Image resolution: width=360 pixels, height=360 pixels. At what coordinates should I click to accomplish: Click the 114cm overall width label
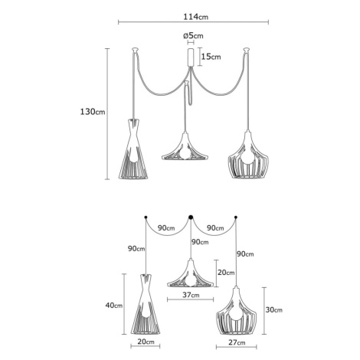(196, 17)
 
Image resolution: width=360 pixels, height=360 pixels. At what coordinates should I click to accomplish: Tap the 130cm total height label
(93, 112)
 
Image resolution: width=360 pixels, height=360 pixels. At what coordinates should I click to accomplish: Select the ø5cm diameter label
(193, 35)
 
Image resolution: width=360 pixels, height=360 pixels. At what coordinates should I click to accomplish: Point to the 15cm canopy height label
(211, 57)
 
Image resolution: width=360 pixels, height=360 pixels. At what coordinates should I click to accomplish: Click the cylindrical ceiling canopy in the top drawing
(191, 57)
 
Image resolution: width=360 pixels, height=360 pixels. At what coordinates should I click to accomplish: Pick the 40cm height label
(114, 305)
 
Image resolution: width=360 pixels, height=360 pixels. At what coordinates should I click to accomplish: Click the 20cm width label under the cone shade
(146, 342)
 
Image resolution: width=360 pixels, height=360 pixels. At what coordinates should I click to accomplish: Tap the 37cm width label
(191, 295)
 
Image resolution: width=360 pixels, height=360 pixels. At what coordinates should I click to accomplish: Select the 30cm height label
(274, 309)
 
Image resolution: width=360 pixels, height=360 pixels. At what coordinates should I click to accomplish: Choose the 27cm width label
(237, 342)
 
